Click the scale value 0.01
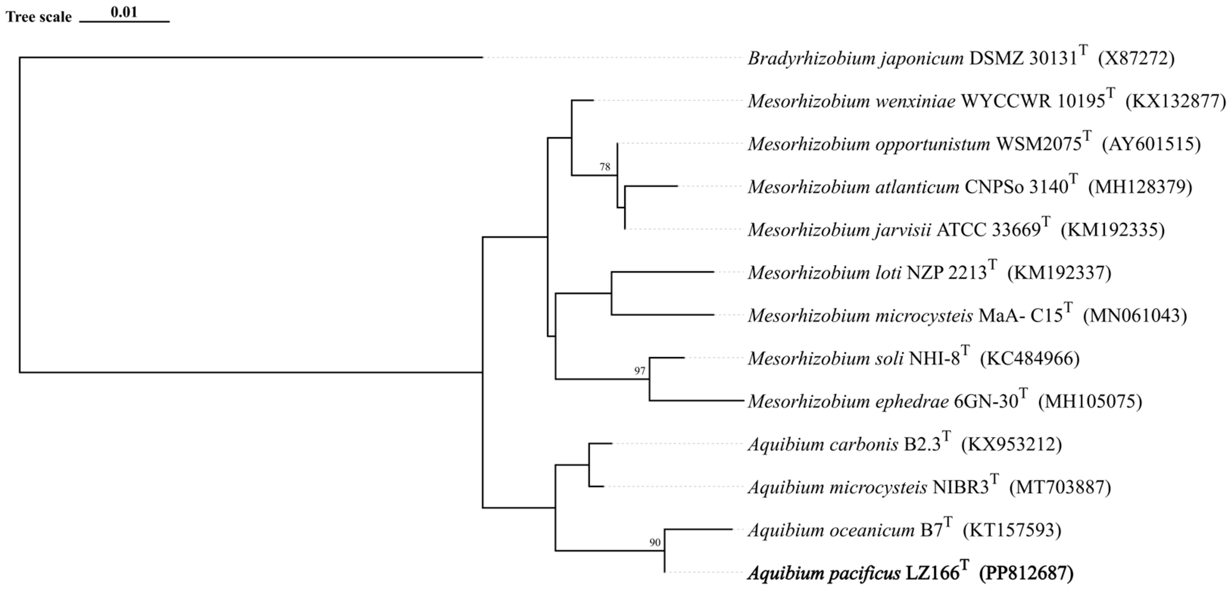click(124, 12)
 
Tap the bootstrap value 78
click(605, 167)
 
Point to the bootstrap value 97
click(640, 371)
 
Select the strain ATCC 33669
click(988, 230)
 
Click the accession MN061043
click(1135, 316)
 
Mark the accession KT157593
click(1012, 530)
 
